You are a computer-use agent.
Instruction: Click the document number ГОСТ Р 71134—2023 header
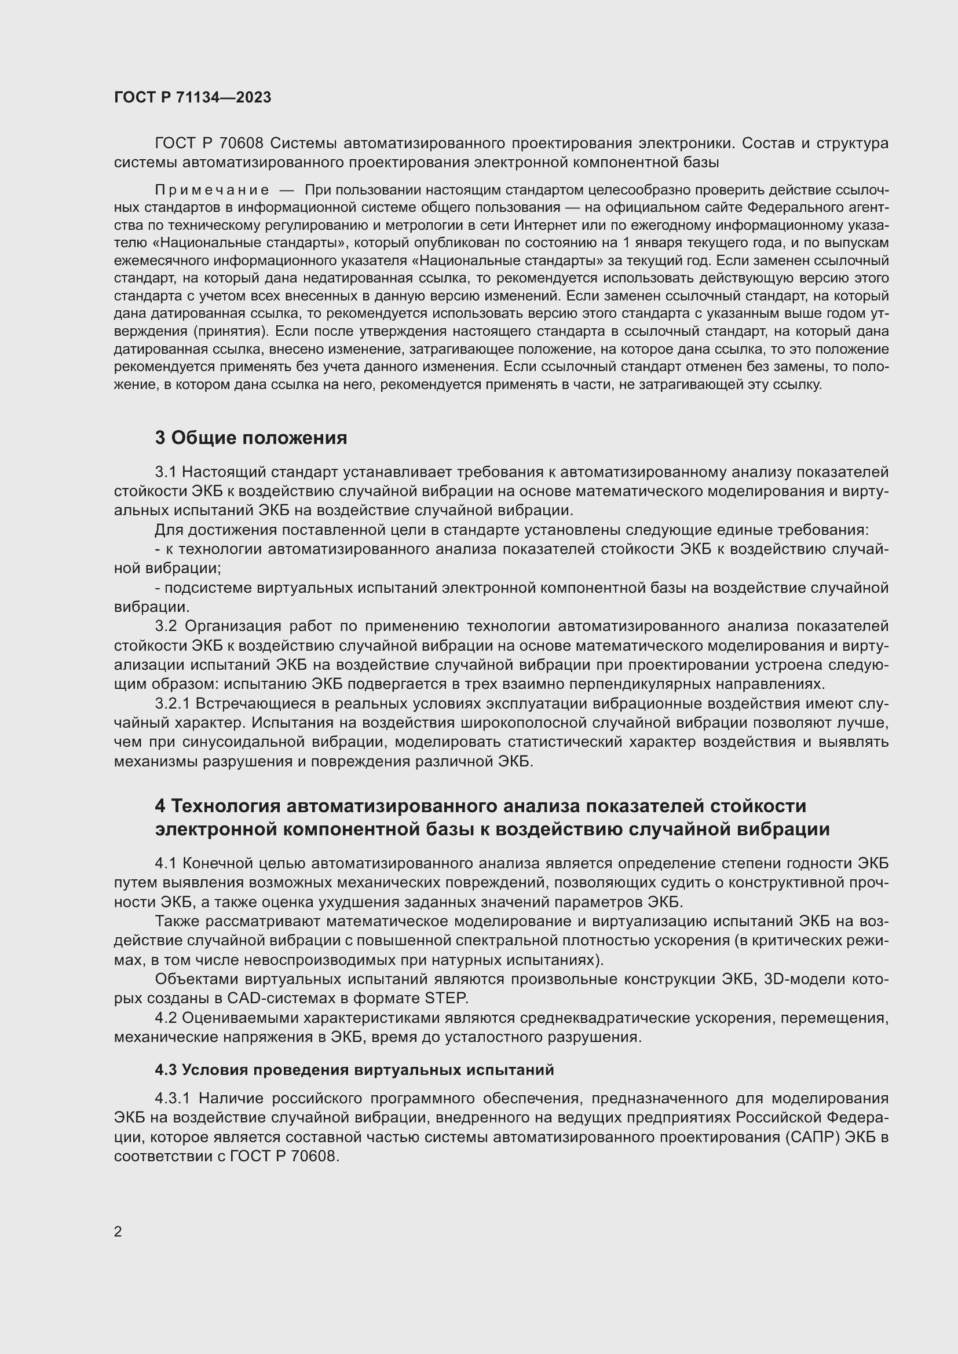pyautogui.click(x=192, y=97)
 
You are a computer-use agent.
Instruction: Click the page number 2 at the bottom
pyautogui.click(x=118, y=1231)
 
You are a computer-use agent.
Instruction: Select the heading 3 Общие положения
pyautogui.click(x=251, y=438)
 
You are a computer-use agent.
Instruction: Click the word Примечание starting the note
pyautogui.click(x=212, y=190)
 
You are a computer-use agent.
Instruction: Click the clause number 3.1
pyautogui.click(x=166, y=472)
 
